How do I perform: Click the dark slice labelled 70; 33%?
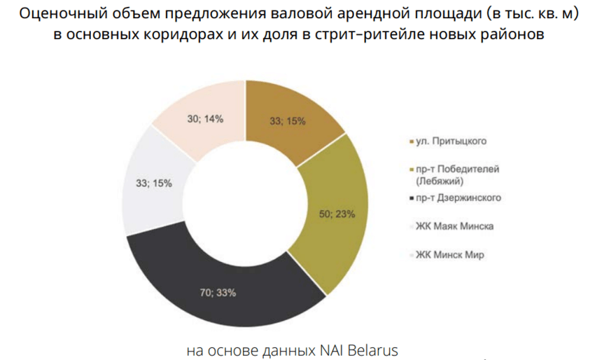[x=217, y=280]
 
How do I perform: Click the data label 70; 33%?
[x=218, y=293]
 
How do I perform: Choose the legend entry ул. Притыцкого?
[x=451, y=141]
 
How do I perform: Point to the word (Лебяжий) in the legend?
[x=440, y=180]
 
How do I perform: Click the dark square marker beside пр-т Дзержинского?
[x=409, y=199]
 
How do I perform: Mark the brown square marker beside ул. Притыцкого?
[x=409, y=141]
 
